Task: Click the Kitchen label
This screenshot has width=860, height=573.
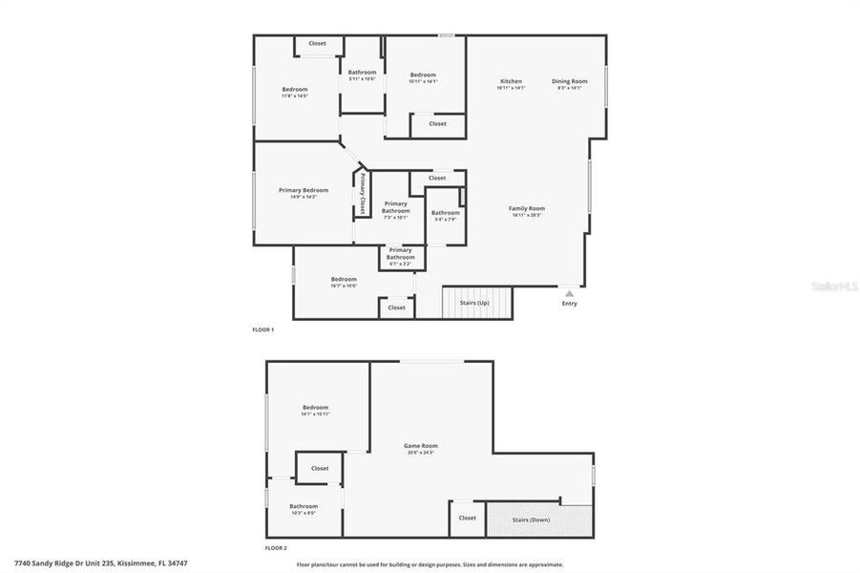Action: point(511,82)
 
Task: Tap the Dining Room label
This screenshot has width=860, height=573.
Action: point(569,82)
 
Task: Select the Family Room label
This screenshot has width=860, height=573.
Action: point(527,208)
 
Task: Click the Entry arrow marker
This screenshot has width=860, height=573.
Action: point(570,294)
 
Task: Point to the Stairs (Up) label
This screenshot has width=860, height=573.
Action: point(474,303)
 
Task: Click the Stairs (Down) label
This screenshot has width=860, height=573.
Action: point(533,519)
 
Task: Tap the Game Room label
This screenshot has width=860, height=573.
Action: point(420,446)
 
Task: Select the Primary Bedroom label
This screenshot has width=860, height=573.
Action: point(304,190)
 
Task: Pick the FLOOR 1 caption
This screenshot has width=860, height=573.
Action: point(262,330)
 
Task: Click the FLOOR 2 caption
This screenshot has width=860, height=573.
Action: point(276,549)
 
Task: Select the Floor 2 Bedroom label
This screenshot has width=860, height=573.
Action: point(315,408)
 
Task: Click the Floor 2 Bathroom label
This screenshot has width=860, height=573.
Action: point(304,506)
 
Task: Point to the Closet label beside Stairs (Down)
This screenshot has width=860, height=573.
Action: point(467,518)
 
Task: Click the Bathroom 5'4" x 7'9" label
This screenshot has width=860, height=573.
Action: point(445,213)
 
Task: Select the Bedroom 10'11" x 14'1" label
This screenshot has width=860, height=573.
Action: point(423,75)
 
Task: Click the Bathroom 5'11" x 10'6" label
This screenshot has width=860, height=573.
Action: point(362,73)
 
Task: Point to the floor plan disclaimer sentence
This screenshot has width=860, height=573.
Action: point(430,564)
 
